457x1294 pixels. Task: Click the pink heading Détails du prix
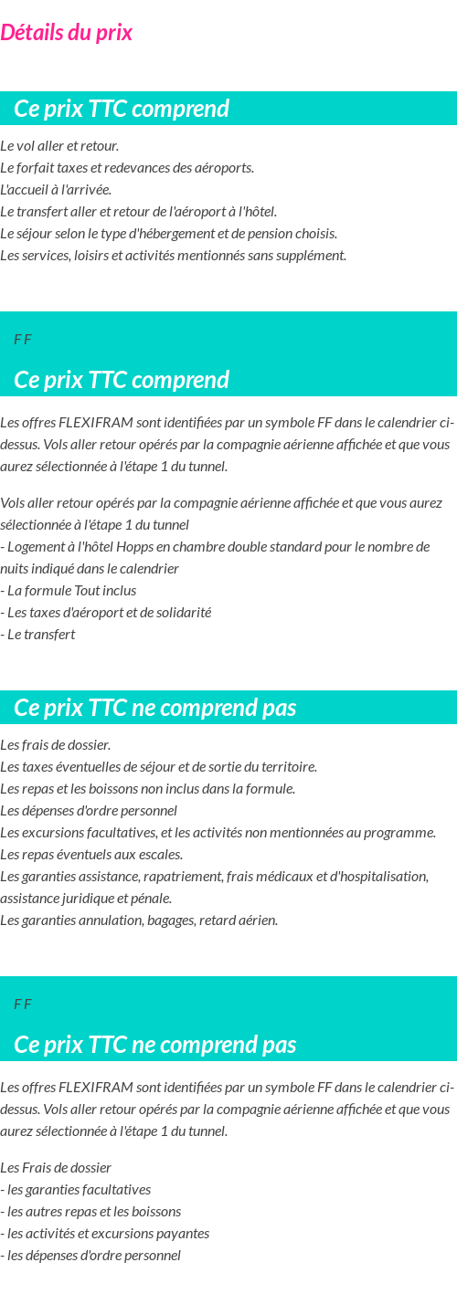[x=66, y=33]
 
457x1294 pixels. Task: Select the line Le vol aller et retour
[x=59, y=146]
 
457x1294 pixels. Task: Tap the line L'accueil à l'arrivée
[x=56, y=190]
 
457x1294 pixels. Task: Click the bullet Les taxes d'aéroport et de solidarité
[x=109, y=613]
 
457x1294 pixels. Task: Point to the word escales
[x=161, y=855]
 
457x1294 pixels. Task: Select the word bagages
[x=170, y=921]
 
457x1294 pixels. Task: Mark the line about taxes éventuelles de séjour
[x=158, y=767]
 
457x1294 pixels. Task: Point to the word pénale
[x=152, y=899]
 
